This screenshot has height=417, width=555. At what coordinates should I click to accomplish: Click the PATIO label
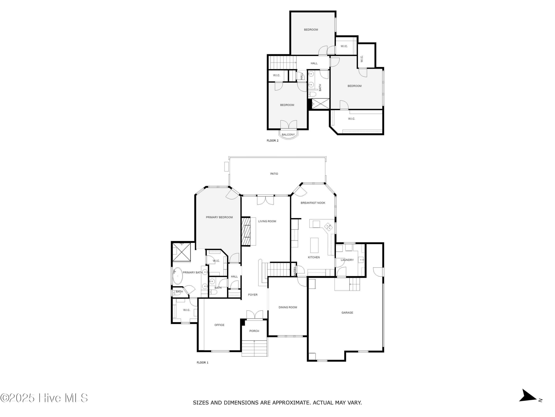pyautogui.click(x=274, y=174)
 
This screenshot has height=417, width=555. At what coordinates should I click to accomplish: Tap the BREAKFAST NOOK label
pyautogui.click(x=313, y=203)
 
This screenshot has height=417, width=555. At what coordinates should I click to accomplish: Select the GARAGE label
pyautogui.click(x=347, y=313)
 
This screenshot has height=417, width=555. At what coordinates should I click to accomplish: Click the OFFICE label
pyautogui.click(x=219, y=325)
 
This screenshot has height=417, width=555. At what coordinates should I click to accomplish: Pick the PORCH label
pyautogui.click(x=254, y=331)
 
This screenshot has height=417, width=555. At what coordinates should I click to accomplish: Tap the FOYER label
pyautogui.click(x=253, y=295)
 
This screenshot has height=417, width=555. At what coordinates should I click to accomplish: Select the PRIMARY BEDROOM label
pyautogui.click(x=219, y=217)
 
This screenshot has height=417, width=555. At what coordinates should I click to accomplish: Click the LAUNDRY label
pyautogui.click(x=347, y=260)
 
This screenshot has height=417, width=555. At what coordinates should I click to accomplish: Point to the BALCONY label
pyautogui.click(x=288, y=135)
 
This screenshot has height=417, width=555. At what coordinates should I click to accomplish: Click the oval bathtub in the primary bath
pyautogui.click(x=178, y=276)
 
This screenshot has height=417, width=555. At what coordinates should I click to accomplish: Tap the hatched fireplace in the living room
pyautogui.click(x=246, y=231)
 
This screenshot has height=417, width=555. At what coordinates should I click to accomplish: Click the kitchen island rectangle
pyautogui.click(x=314, y=245)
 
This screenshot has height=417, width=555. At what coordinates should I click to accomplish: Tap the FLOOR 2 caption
pyautogui.click(x=273, y=141)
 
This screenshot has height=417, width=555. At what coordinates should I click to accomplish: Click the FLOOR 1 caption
pyautogui.click(x=202, y=363)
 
